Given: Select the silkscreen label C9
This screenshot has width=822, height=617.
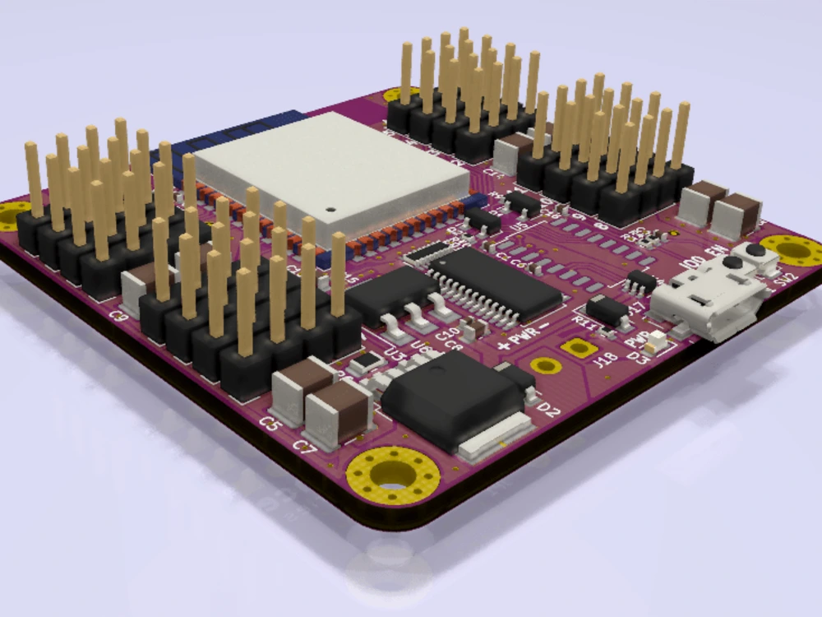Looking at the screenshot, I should pyautogui.click(x=119, y=315).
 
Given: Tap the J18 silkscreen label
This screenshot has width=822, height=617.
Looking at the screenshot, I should pyautogui.click(x=605, y=359).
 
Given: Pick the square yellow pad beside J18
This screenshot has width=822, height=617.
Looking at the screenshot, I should pyautogui.click(x=580, y=347).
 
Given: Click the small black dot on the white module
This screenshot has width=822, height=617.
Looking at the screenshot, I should pyautogui.click(x=332, y=208).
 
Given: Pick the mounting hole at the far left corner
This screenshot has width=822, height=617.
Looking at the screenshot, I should pyautogui.click(x=12, y=216).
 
